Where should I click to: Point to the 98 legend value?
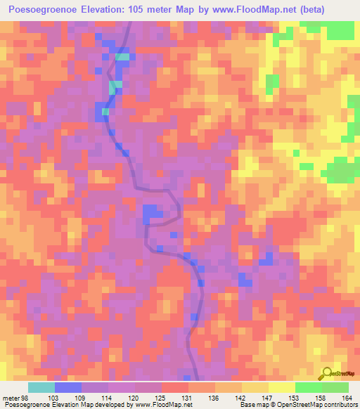(25, 397)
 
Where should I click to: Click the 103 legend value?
(53, 397)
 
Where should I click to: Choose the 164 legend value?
(347, 397)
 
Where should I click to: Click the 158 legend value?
(320, 397)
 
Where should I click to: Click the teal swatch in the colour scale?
(41, 387)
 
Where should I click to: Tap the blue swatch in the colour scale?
(68, 387)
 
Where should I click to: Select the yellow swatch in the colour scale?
(281, 387)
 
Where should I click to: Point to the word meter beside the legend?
(11, 397)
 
